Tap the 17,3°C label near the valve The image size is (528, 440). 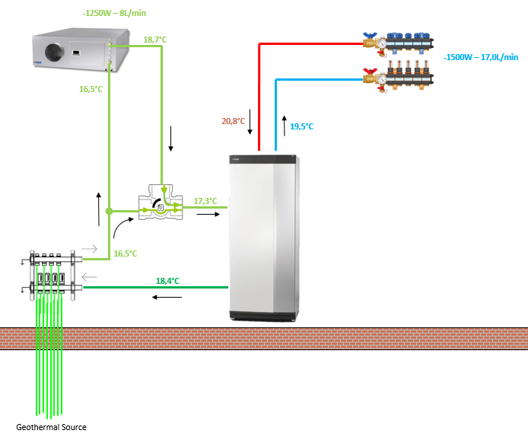205,201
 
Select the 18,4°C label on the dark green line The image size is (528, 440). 167,281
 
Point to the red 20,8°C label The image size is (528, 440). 233,121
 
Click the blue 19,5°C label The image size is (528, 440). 301,126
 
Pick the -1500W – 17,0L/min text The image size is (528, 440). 481,57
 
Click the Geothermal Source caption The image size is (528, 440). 52,427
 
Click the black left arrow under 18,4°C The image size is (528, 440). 167,296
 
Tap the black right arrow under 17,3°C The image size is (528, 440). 207,215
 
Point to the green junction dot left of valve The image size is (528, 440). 110,211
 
